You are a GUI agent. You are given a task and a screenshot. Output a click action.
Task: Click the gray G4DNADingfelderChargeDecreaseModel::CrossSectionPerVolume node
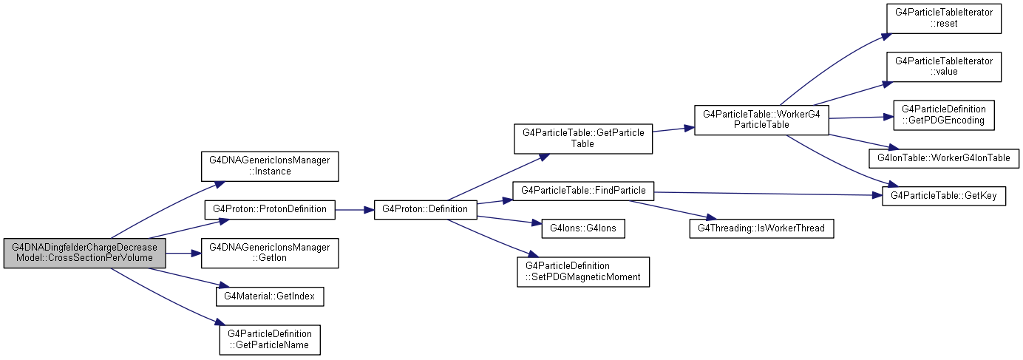[x=84, y=253]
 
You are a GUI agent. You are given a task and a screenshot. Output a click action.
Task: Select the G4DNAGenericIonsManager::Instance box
[x=270, y=166]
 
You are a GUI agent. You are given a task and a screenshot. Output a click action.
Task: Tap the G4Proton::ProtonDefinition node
[x=270, y=210]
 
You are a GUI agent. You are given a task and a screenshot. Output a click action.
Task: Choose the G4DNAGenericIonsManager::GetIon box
[x=270, y=253]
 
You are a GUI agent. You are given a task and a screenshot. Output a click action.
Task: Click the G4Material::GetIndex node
[x=270, y=296]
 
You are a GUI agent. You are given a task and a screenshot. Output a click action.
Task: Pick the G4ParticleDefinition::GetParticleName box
[x=270, y=340]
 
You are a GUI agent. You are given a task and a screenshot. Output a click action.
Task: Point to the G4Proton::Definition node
[x=426, y=210]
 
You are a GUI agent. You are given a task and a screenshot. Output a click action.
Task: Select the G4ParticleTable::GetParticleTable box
[x=583, y=138]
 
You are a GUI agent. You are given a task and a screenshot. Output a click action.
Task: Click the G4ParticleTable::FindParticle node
[x=583, y=191]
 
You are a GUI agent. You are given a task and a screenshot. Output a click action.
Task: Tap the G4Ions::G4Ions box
[x=583, y=228]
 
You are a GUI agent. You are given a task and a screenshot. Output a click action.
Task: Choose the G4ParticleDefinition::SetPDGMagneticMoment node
[x=583, y=272]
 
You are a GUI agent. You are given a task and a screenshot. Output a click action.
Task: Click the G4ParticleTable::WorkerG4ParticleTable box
[x=762, y=120]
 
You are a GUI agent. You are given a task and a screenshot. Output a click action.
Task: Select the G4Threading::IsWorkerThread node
[x=762, y=228]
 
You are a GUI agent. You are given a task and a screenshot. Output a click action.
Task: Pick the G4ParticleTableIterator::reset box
[x=944, y=18]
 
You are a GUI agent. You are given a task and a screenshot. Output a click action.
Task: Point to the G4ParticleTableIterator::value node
[x=944, y=67]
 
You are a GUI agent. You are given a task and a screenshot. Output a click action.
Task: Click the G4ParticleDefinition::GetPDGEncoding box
[x=944, y=115]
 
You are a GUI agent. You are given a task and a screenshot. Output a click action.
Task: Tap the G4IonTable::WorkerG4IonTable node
[x=944, y=158]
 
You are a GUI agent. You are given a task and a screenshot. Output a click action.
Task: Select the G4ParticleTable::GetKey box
[x=944, y=196]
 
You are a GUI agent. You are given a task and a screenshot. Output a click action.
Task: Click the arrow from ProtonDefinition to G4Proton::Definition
[x=355, y=210]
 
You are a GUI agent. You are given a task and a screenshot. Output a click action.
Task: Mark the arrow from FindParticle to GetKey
[x=768, y=194]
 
